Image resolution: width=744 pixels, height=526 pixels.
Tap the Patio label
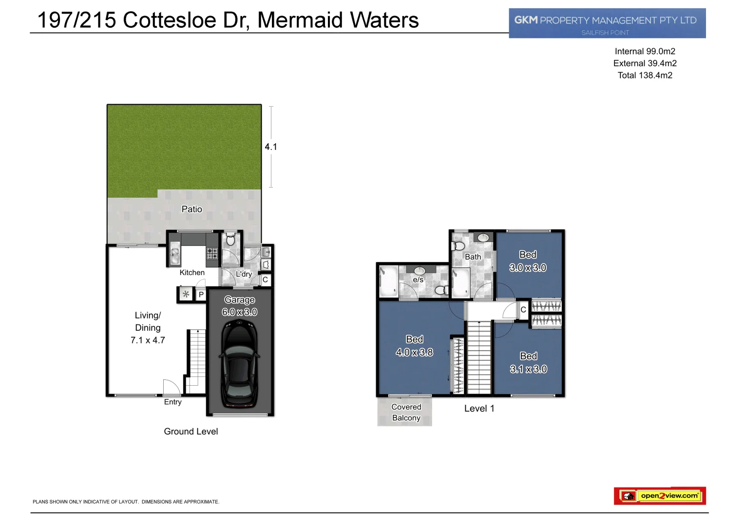pyautogui.click(x=191, y=209)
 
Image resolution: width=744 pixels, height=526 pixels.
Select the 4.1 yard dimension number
pyautogui.click(x=271, y=147)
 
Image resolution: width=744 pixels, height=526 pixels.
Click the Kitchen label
pyautogui.click(x=192, y=273)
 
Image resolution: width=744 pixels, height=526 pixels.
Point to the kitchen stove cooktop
pyautogui.click(x=212, y=253)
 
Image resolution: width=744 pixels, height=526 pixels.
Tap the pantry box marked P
pyautogui.click(x=201, y=295)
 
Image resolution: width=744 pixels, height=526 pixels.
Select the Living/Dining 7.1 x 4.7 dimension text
pyautogui.click(x=148, y=340)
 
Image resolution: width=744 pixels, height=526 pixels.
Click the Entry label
pyautogui.click(x=172, y=402)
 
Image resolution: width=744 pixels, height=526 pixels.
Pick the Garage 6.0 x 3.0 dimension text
pyautogui.click(x=239, y=312)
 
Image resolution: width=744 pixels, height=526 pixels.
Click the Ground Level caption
pyautogui.click(x=191, y=432)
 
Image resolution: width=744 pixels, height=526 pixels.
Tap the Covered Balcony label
pyautogui.click(x=406, y=413)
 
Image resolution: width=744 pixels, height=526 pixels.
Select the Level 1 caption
pyautogui.click(x=479, y=409)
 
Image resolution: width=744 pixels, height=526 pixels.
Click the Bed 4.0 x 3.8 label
pyautogui.click(x=414, y=346)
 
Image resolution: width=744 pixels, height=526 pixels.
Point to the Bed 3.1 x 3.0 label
pyautogui.click(x=528, y=363)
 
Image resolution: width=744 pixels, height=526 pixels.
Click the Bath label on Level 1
pyautogui.click(x=473, y=257)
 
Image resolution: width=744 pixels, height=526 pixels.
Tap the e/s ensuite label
pyautogui.click(x=418, y=280)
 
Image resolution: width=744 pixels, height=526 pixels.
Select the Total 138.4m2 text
pyautogui.click(x=645, y=75)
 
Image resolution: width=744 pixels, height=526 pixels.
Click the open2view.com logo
pyautogui.click(x=660, y=496)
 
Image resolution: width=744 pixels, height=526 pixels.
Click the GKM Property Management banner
pyautogui.click(x=607, y=23)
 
